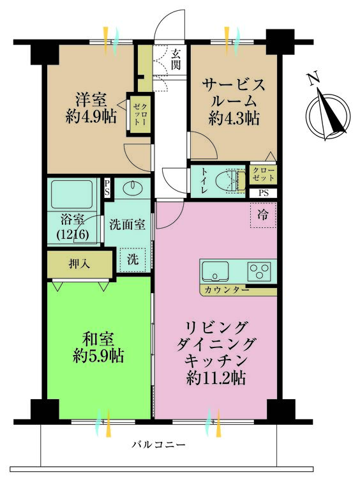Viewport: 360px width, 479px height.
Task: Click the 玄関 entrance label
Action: pyautogui.click(x=176, y=59)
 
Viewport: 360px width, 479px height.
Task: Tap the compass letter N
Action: pyautogui.click(x=312, y=79)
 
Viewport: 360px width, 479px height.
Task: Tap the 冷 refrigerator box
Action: pyautogui.click(x=263, y=215)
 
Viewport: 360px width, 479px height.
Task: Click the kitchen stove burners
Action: pyautogui.click(x=260, y=271)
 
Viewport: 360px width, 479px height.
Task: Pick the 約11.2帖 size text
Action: pyautogui.click(x=216, y=378)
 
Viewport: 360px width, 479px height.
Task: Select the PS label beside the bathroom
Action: pyautogui.click(x=107, y=187)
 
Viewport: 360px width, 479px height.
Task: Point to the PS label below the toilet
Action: pyautogui.click(x=263, y=193)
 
